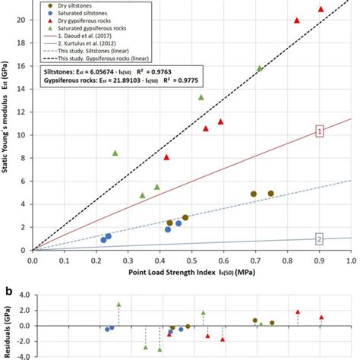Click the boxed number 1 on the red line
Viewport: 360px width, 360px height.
point(319,132)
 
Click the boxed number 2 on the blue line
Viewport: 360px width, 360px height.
point(319,239)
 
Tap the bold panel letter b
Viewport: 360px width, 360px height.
point(6,290)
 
